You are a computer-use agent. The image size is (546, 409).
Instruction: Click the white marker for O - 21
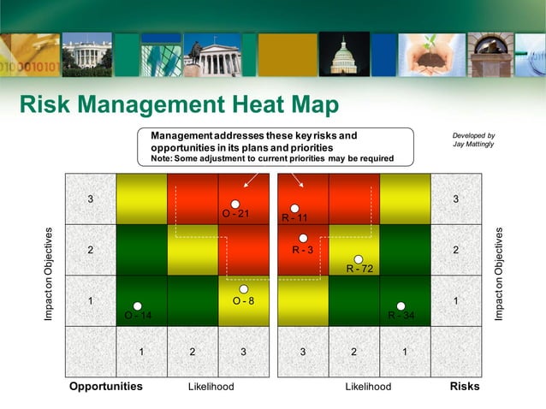pyautogui.click(x=235, y=204)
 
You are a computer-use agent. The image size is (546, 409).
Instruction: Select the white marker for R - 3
pyautogui.click(x=303, y=239)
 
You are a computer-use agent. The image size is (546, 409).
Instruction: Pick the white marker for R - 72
pyautogui.click(x=359, y=258)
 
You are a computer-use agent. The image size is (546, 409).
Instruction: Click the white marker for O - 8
pyautogui.click(x=243, y=289)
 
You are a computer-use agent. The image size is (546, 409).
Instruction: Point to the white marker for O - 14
pyautogui.click(x=138, y=305)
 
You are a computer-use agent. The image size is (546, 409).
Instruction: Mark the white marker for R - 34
pyautogui.click(x=401, y=306)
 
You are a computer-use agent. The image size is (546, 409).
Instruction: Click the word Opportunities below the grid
pyautogui.click(x=106, y=387)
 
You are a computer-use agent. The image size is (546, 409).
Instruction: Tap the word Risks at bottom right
pyautogui.click(x=465, y=387)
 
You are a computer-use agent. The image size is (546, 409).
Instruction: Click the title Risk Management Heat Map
pyautogui.click(x=179, y=105)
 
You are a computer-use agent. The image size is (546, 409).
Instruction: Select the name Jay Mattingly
pyautogui.click(x=473, y=145)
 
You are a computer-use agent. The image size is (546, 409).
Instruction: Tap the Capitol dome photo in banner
pyautogui.click(x=344, y=54)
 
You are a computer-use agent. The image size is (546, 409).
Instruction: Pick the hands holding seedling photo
pyautogui.click(x=431, y=55)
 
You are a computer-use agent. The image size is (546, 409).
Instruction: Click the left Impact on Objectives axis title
pyautogui.click(x=50, y=275)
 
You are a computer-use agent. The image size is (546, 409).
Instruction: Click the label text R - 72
pyautogui.click(x=359, y=270)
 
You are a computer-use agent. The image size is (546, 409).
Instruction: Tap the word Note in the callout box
pyautogui.click(x=162, y=158)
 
